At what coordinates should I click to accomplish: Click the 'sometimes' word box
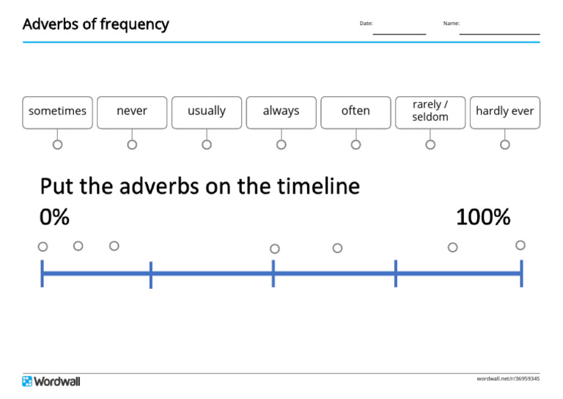click(57, 111)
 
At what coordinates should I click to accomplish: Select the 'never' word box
click(132, 111)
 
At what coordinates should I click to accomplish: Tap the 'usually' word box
click(207, 111)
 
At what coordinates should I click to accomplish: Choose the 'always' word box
click(281, 111)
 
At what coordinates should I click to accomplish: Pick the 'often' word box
click(356, 111)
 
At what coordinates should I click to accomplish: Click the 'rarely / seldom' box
click(430, 111)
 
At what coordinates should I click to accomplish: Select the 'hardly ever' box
click(504, 111)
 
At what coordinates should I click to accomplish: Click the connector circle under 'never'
click(132, 144)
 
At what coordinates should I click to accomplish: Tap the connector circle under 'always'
click(281, 144)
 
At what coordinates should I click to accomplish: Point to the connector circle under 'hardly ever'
click(504, 144)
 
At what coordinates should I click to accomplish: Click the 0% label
click(54, 218)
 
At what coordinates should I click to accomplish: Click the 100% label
click(482, 218)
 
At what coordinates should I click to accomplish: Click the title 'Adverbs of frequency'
click(95, 24)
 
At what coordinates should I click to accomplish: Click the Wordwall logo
click(51, 381)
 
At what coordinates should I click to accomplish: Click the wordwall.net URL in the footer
click(508, 378)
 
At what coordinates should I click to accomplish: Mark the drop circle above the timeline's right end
click(520, 245)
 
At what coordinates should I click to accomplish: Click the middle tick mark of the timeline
click(273, 274)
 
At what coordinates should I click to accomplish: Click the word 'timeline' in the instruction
click(318, 186)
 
